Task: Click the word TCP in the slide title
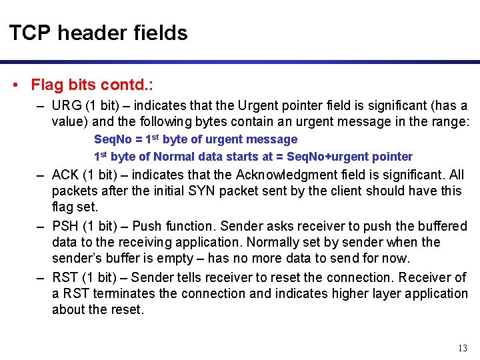pyautogui.click(x=27, y=33)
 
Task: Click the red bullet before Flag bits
pyautogui.click(x=15, y=85)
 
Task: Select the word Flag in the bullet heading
pyautogui.click(x=47, y=85)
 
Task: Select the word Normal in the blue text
pyautogui.click(x=174, y=157)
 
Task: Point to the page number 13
pyautogui.click(x=463, y=348)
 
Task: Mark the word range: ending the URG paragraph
pyautogui.click(x=451, y=122)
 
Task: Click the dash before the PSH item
pyautogui.click(x=40, y=226)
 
